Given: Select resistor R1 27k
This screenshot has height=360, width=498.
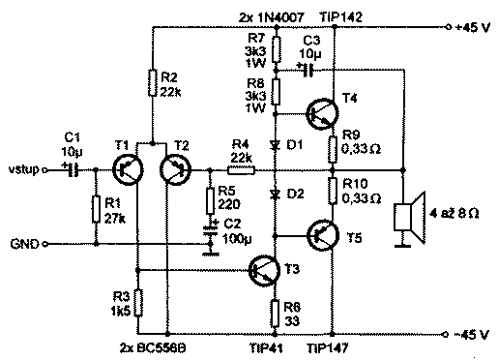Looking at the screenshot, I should click(x=95, y=209).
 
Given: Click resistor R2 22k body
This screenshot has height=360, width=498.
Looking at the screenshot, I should click(x=152, y=83).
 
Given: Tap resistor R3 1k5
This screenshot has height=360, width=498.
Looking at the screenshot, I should click(x=138, y=302).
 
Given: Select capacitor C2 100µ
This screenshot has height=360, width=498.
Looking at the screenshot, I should click(x=208, y=235).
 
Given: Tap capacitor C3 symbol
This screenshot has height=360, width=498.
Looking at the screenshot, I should click(x=308, y=69).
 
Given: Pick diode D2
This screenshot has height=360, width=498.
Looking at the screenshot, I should click(x=276, y=194).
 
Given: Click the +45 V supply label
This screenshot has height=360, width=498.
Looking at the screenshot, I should click(x=471, y=27).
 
